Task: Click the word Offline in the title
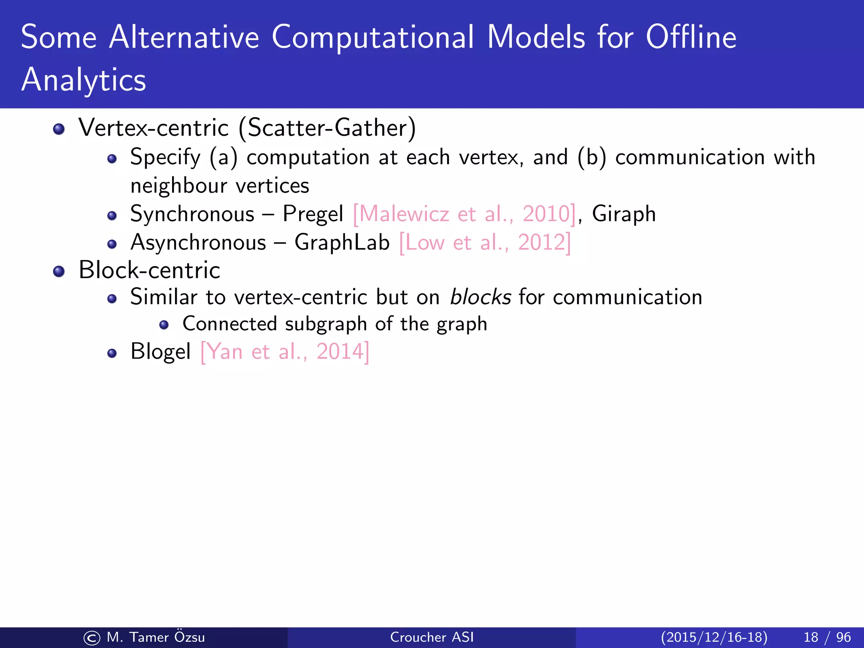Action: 691,37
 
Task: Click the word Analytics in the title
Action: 84,80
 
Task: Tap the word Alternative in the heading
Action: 184,37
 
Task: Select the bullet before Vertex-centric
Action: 59,129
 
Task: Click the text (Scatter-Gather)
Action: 327,128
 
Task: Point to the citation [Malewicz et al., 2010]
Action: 464,214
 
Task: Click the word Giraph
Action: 624,214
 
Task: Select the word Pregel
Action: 313,214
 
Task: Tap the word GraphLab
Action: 342,243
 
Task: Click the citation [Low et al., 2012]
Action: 485,243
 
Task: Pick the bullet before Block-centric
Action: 59,271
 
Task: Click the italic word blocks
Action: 481,297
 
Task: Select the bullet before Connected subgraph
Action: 164,325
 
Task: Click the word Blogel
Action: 161,351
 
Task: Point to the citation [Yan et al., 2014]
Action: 285,351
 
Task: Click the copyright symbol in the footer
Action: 92,638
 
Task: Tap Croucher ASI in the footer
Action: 432,637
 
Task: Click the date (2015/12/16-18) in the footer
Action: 714,637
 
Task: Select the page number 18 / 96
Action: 827,637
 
